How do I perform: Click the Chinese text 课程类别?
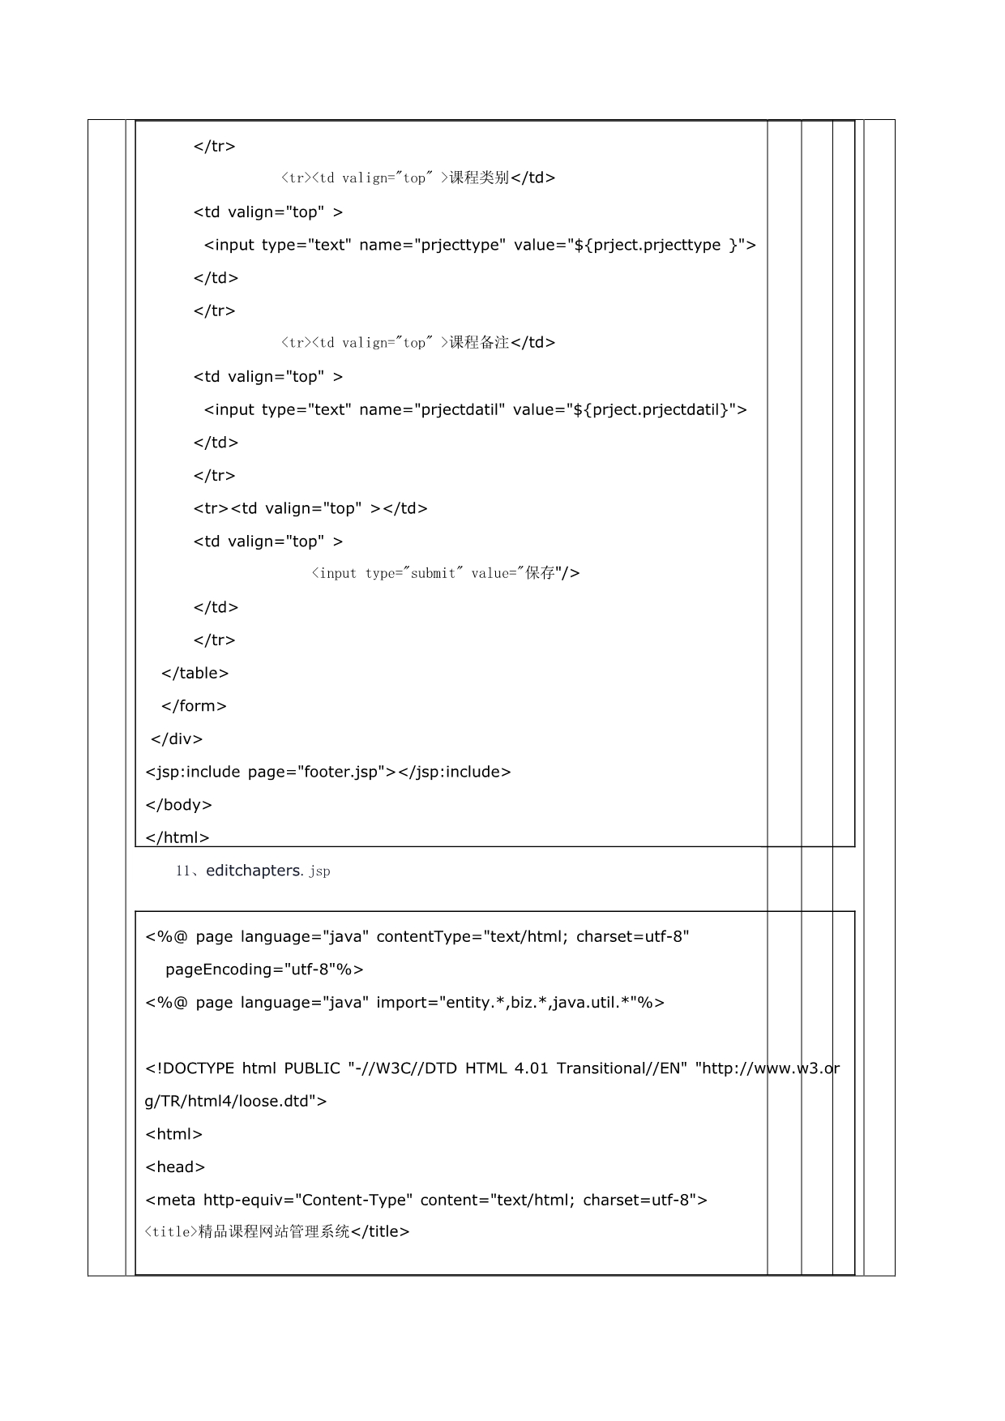pos(479,178)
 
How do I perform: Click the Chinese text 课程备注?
pos(479,343)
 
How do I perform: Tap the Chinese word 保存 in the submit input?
pos(540,573)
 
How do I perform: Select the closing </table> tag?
pos(195,674)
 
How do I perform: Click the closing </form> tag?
pos(194,706)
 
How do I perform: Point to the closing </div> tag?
pos(177,739)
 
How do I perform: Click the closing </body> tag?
pos(178,805)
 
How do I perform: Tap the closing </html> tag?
pos(177,837)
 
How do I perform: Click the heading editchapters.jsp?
pos(267,871)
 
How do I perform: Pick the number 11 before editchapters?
pos(182,871)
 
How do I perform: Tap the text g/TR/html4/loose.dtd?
pos(230,1102)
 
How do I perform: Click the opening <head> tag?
pos(175,1167)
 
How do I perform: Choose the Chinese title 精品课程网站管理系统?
pos(274,1232)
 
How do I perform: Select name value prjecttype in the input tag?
pos(461,246)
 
